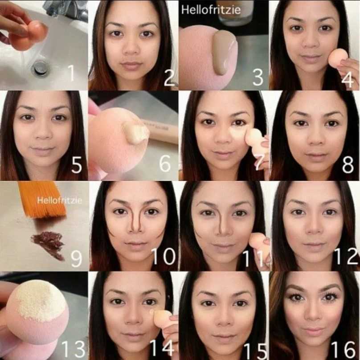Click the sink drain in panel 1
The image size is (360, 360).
point(41,68)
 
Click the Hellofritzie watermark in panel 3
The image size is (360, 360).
point(211,10)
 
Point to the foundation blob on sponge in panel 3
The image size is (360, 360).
point(223,53)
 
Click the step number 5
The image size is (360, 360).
point(77,165)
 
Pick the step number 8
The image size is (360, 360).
point(348,164)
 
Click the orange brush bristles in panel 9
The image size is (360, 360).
point(44,199)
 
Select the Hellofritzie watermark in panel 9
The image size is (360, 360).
point(59,200)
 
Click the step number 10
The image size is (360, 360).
point(164,256)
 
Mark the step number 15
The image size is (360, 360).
point(255,351)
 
